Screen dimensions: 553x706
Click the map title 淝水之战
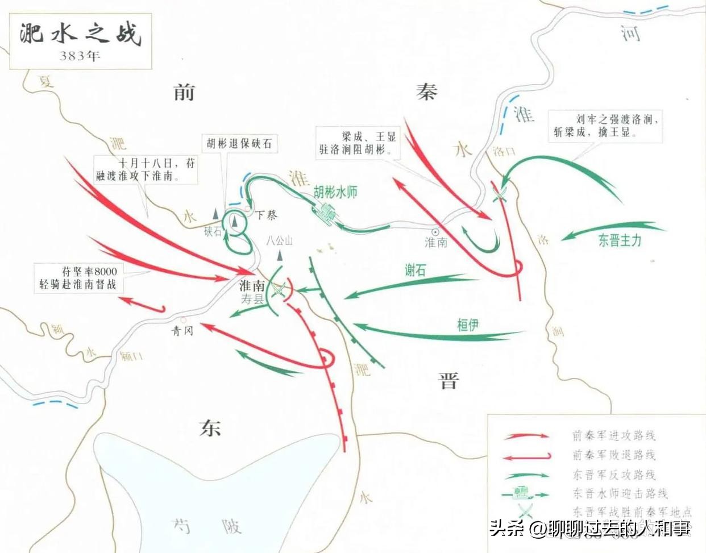coord(80,34)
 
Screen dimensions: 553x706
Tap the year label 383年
coord(80,56)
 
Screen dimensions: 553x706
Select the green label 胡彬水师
coord(335,192)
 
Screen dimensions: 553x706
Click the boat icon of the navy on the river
coord(326,213)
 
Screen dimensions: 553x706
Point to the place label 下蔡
coord(265,215)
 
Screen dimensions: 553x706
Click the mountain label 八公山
coord(280,240)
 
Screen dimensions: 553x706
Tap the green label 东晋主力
coord(620,240)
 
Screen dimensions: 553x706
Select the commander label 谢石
coord(415,270)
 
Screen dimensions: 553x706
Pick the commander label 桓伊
coord(467,325)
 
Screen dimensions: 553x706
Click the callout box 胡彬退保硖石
coord(239,143)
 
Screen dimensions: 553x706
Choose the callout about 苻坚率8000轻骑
coord(78,277)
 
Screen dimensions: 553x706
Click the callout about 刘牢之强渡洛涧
coord(605,126)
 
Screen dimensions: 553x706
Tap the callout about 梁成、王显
coord(358,143)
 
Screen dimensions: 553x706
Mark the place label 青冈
coord(182,330)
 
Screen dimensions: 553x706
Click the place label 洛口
coord(504,152)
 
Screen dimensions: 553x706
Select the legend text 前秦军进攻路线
coord(613,436)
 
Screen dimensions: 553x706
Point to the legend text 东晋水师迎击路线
coord(620,493)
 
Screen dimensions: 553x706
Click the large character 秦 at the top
coord(427,91)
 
